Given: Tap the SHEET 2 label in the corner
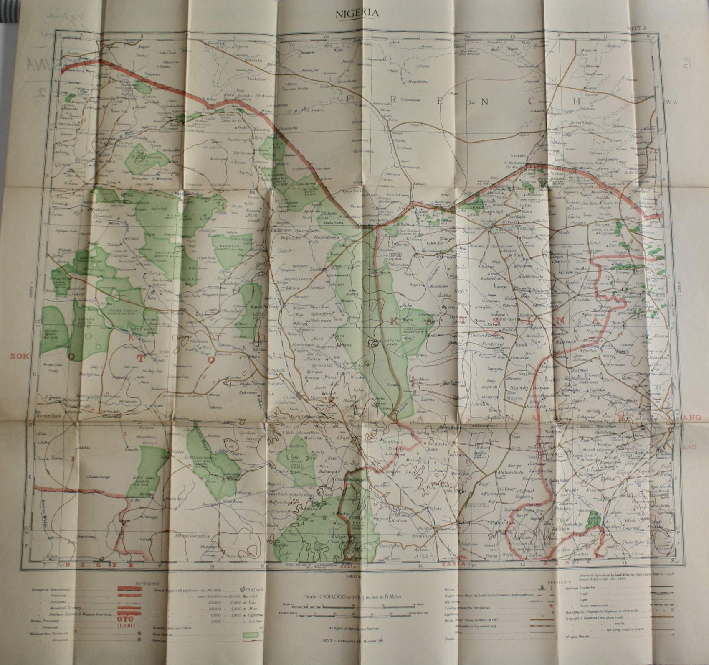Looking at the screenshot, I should point(636,28).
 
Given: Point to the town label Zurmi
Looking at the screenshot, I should point(319,270).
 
